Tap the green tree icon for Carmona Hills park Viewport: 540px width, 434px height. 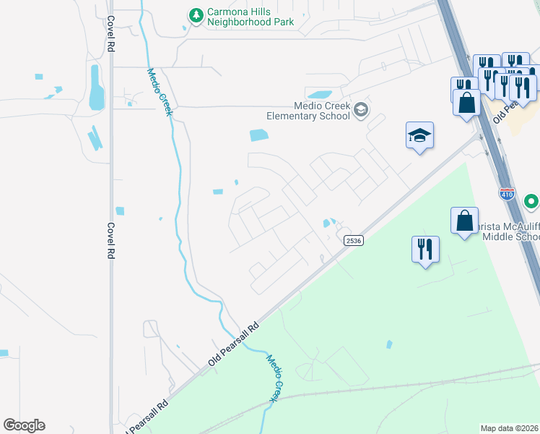pos(195,14)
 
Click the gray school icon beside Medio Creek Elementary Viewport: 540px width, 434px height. pos(361,110)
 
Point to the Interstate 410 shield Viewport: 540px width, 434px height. pos(506,194)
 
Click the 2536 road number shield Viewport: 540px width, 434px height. pos(352,241)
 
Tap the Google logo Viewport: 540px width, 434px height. pos(24,425)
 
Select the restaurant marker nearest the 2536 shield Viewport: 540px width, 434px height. pos(425,250)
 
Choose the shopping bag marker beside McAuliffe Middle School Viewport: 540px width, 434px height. pos(464,221)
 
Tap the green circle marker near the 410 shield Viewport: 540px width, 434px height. pos(532,200)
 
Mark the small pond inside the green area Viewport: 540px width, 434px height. pos(390,344)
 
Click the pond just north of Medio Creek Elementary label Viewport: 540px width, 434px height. pos(319,94)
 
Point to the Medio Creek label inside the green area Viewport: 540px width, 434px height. pos(274,378)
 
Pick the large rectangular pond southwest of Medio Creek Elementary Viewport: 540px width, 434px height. pos(258,135)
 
